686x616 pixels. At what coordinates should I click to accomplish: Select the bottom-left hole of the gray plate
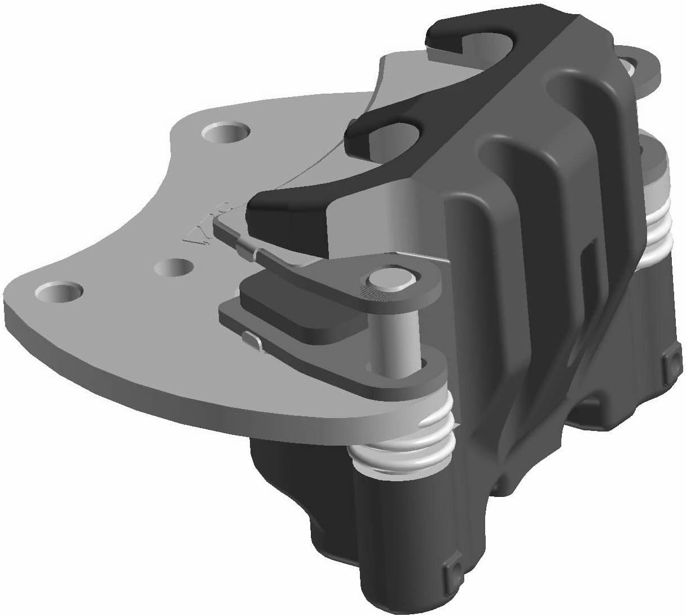(58, 293)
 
